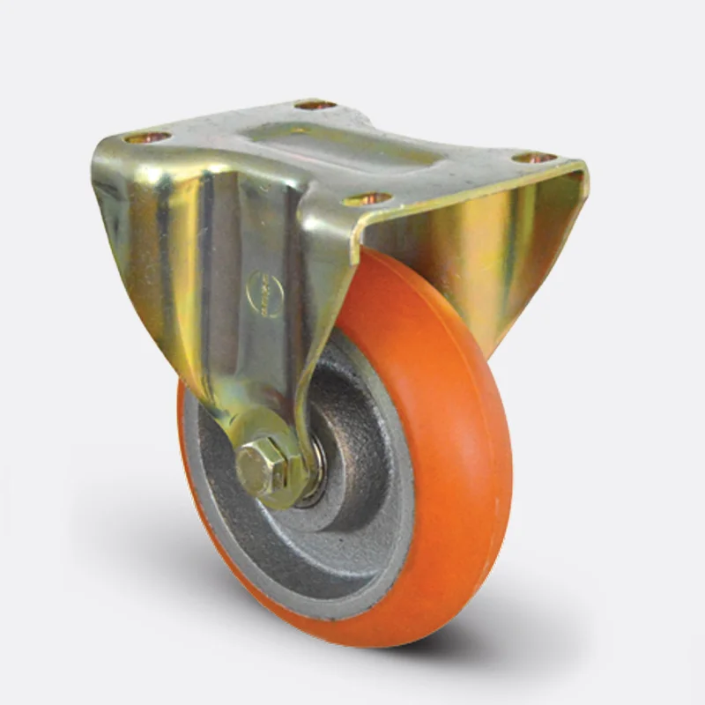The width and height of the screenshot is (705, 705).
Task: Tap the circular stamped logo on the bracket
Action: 263,293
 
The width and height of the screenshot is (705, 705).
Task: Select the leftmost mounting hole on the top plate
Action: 147,137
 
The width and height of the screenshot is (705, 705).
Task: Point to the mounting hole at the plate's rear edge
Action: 315,105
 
